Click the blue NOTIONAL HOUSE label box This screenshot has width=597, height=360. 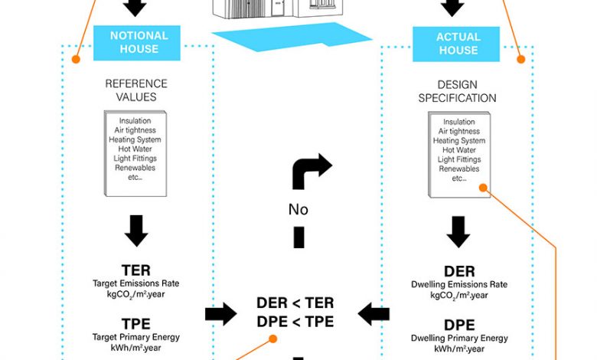(136, 43)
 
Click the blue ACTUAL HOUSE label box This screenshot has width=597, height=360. (457, 43)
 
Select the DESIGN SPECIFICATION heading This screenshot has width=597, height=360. (456, 91)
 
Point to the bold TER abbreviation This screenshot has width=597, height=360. (135, 270)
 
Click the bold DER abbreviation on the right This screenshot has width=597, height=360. (458, 271)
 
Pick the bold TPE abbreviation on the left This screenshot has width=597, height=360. (135, 322)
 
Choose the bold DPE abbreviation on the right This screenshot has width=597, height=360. (458, 324)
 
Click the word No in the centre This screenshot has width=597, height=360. (298, 209)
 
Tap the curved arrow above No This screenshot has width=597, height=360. (310, 170)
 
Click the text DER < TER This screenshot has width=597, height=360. (295, 303)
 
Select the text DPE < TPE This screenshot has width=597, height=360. (295, 322)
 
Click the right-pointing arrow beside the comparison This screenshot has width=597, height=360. (220, 313)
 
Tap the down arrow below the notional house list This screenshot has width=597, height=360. (135, 229)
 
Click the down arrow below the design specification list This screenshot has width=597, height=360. (458, 231)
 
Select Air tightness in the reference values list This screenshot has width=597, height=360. (135, 130)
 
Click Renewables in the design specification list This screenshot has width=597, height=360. (458, 169)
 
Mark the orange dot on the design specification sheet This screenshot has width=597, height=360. (482, 188)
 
